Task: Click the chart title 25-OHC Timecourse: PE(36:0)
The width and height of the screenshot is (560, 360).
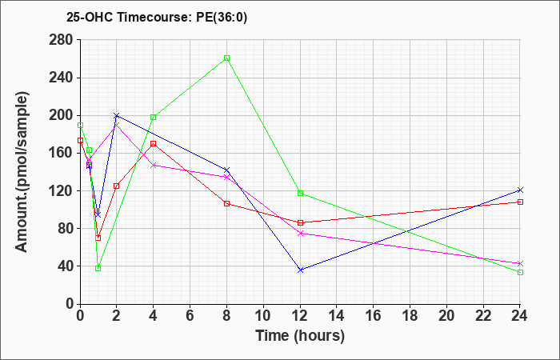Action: click(157, 18)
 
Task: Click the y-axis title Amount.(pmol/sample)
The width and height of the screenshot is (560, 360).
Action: click(22, 172)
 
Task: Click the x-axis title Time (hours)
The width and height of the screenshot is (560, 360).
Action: click(300, 336)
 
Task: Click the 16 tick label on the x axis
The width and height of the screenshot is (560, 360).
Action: click(374, 316)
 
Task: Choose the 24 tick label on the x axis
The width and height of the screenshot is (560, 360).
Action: click(520, 316)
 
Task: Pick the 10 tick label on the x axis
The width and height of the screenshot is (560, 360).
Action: click(263, 316)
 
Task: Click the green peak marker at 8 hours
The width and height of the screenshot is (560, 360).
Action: click(226, 58)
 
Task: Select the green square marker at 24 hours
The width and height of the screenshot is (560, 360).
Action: click(520, 273)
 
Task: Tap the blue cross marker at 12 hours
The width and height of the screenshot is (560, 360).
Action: click(300, 270)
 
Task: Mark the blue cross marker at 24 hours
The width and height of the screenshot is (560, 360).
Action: click(520, 190)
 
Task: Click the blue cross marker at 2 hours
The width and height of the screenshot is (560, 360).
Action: click(117, 116)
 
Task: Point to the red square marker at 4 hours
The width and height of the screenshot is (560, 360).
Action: click(154, 143)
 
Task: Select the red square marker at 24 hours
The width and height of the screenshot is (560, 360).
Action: click(520, 202)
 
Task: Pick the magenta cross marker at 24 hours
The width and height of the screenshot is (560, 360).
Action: click(520, 263)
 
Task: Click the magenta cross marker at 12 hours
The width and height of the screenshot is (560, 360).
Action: click(300, 234)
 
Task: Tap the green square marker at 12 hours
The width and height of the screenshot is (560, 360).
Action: click(300, 194)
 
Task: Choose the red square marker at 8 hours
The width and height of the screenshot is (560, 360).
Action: click(226, 203)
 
